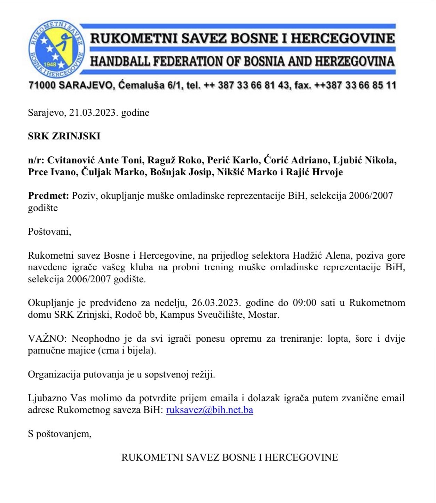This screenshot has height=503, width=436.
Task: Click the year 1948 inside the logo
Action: point(50,65)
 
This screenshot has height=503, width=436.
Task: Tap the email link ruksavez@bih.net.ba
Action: point(209,410)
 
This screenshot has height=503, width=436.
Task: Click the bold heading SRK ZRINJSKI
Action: point(64,136)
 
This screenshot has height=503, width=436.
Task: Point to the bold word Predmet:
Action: point(48,196)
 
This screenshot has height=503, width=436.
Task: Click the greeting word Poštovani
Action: point(49,232)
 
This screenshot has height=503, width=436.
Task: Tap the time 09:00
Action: point(304,303)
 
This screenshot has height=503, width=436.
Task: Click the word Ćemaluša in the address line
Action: point(141,85)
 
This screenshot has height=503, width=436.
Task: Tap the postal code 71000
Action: point(42,85)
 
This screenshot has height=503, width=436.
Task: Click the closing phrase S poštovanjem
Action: point(59,434)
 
